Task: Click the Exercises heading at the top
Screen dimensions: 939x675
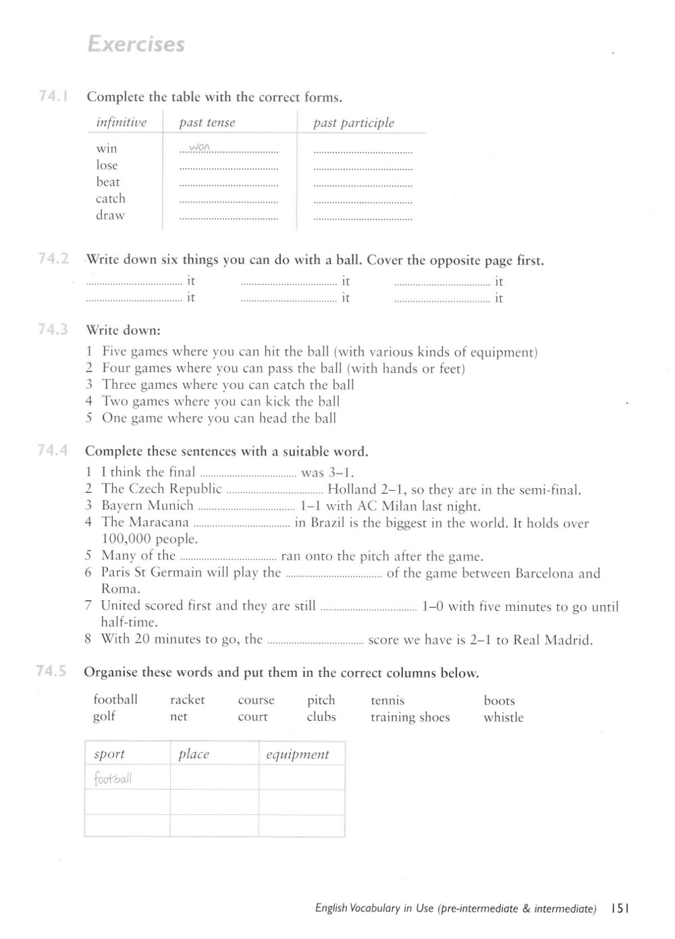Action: pyautogui.click(x=136, y=45)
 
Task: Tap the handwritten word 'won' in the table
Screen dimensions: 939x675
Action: pyautogui.click(x=200, y=147)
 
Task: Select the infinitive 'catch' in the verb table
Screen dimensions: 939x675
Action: pyautogui.click(x=111, y=198)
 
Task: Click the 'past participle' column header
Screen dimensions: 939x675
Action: pyautogui.click(x=354, y=123)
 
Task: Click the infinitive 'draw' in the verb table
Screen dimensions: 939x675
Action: pyautogui.click(x=110, y=215)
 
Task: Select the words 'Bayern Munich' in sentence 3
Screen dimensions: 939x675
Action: pyautogui.click(x=147, y=506)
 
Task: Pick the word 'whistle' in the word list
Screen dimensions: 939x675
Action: pyautogui.click(x=503, y=717)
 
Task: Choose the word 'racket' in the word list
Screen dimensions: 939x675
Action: pyautogui.click(x=187, y=700)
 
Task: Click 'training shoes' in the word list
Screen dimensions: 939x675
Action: pyautogui.click(x=410, y=717)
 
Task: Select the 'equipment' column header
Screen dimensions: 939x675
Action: pyautogui.click(x=297, y=755)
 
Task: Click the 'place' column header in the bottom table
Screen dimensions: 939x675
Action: pyautogui.click(x=194, y=755)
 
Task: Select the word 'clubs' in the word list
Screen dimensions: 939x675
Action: pyautogui.click(x=321, y=717)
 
